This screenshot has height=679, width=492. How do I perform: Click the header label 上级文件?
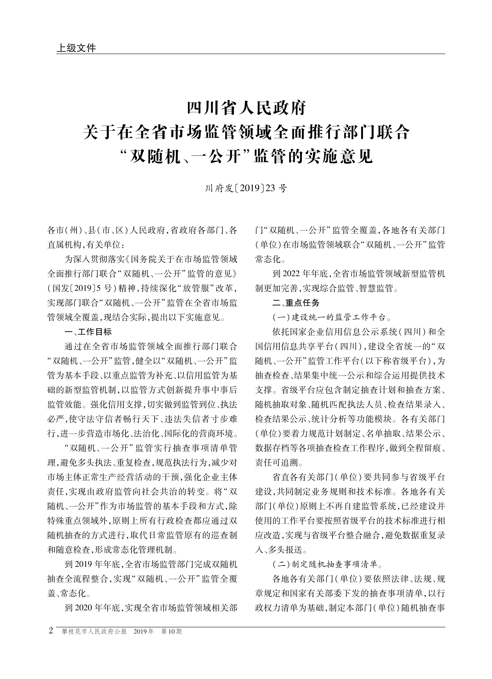pyautogui.click(x=76, y=48)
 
